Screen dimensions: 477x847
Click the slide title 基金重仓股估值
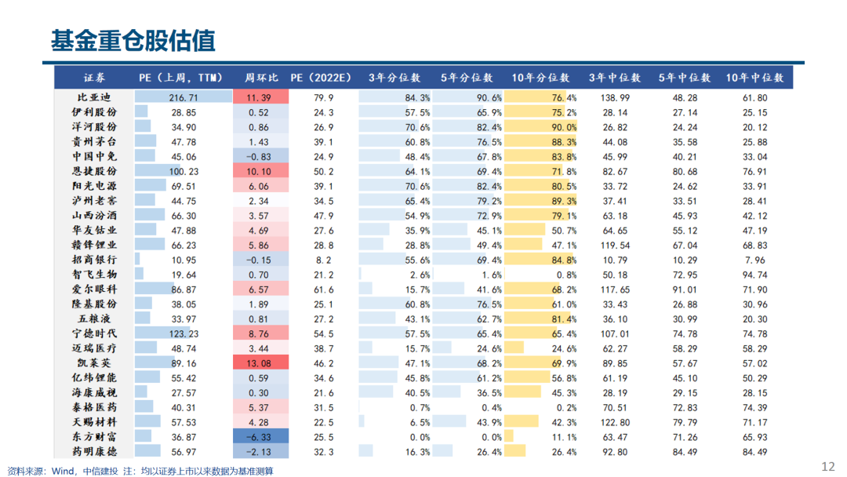coord(133,40)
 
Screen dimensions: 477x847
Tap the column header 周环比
coord(261,78)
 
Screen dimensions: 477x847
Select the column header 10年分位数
coord(540,78)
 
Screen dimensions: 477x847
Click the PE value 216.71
coord(184,97)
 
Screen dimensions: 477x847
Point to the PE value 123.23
coord(184,333)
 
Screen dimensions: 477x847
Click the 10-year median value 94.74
coord(754,274)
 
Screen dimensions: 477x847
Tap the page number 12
coord(827,466)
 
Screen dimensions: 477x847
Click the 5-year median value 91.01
coord(685,289)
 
